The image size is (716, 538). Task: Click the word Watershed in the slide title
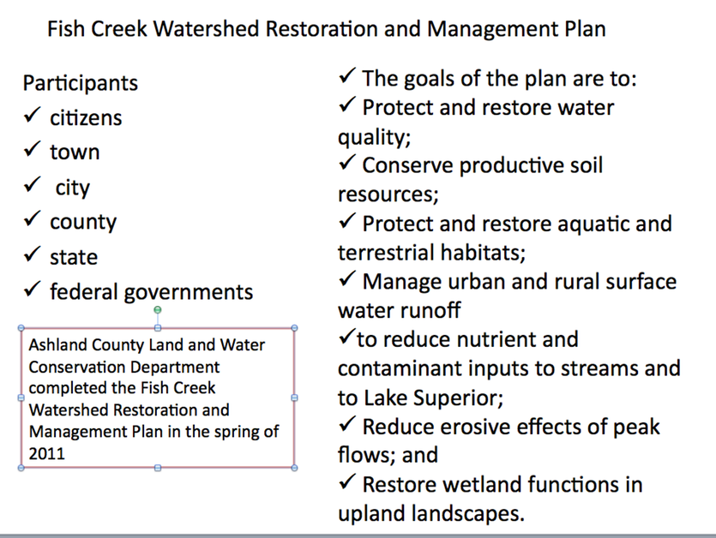[206, 29]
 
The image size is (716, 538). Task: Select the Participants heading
[81, 83]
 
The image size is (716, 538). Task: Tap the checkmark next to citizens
[32, 115]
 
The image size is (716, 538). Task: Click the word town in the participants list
[75, 152]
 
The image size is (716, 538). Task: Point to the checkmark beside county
[32, 218]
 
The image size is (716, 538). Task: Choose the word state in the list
[74, 257]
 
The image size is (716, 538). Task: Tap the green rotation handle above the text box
[158, 310]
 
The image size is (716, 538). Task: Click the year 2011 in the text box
[46, 453]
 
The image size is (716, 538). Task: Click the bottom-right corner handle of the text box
[294, 468]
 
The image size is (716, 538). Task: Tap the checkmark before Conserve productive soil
[347, 163]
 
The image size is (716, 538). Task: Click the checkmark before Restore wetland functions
[347, 481]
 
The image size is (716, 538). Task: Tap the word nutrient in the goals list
[495, 339]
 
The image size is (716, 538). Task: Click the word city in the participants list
[73, 188]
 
